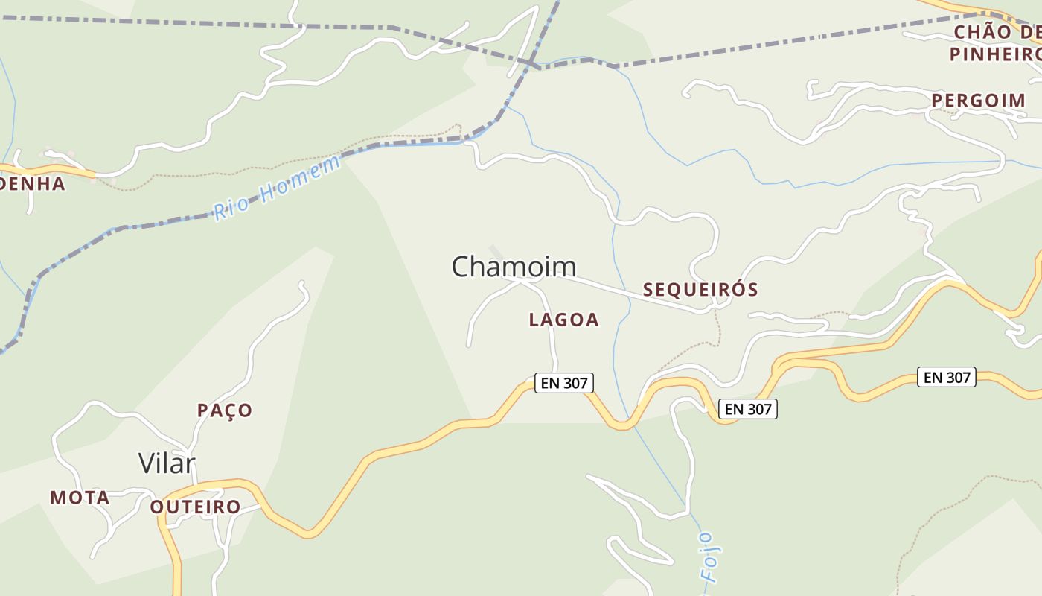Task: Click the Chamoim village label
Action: pos(514,267)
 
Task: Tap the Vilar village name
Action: pos(167,463)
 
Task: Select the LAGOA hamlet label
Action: pos(563,320)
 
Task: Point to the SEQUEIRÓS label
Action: pos(700,290)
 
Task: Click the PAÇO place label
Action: pos(225,410)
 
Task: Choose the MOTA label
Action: pos(80,498)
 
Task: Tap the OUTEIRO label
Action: pos(196,507)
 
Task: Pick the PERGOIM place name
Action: pos(978,101)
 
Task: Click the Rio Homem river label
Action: pos(277,188)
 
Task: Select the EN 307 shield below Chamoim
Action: pos(564,384)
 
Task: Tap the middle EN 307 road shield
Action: pos(748,408)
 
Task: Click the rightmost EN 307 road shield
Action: pos(947,377)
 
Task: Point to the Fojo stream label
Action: pos(710,557)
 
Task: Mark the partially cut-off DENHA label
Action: pos(33,183)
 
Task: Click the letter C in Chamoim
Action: pos(462,267)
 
